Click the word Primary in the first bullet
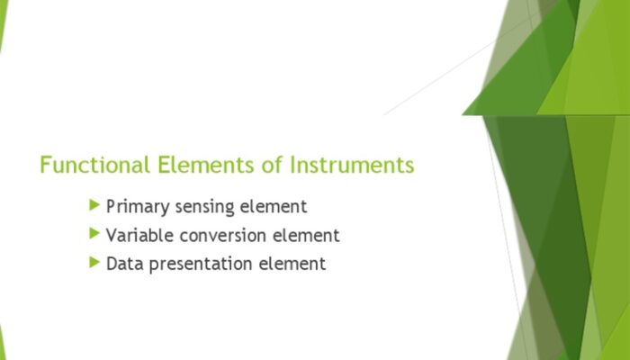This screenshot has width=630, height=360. tap(136, 207)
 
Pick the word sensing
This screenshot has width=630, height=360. tap(203, 208)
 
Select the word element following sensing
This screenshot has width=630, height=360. tap(274, 207)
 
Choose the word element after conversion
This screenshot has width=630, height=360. tap(307, 236)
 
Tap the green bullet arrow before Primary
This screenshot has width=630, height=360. tap(94, 206)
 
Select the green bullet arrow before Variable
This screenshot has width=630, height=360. tap(94, 235)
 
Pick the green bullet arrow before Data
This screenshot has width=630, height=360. tap(94, 264)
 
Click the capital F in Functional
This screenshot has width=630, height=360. tap(46, 166)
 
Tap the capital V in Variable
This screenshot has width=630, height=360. tap(112, 236)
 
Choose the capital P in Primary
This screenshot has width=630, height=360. tap(112, 207)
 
